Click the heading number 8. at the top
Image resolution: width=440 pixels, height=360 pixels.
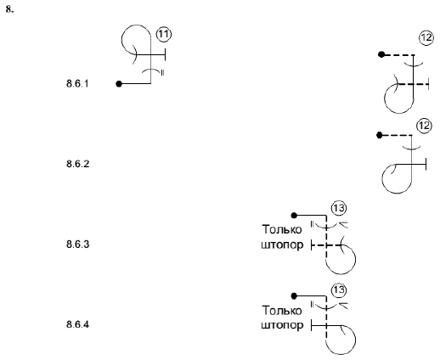9,9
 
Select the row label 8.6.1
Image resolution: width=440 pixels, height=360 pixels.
77,84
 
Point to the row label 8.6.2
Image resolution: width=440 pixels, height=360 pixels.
77,164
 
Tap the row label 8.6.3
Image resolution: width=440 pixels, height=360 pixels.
77,245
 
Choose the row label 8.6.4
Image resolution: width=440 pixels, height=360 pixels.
77,324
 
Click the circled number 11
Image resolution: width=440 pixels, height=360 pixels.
164,34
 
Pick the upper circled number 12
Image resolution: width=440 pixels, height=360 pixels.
426,37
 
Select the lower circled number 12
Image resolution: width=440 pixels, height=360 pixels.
424,126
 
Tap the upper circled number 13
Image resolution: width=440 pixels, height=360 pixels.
339,208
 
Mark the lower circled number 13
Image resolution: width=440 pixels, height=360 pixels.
339,290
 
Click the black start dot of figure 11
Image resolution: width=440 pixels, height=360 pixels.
119,84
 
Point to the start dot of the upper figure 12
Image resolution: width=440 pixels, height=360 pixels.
381,54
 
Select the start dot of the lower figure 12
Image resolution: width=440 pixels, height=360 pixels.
380,135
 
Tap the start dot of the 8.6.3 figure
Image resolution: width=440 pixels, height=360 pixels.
294,216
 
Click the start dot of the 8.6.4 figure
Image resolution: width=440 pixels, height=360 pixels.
294,296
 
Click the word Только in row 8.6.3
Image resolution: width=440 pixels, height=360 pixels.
282,229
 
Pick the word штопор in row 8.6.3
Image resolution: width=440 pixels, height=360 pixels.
282,245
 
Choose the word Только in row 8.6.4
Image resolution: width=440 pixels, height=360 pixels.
282,311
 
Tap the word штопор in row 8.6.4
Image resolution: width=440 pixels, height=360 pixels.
282,325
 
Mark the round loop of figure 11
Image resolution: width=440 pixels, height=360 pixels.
121,40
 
